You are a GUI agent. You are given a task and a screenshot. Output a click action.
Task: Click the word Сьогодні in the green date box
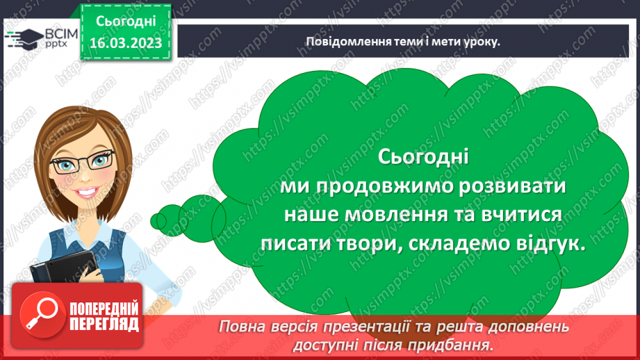click(x=126, y=22)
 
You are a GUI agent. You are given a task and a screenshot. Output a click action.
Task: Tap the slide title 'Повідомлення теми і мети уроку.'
click(x=404, y=41)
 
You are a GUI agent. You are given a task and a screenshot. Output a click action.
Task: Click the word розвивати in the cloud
click(x=513, y=188)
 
